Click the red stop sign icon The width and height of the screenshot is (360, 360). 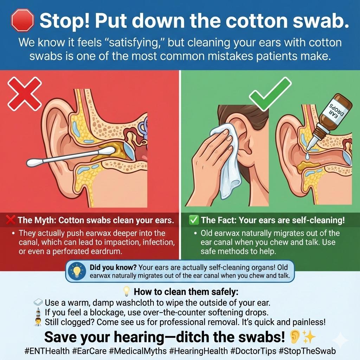tap(22, 20)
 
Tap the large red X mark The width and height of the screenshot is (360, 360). tap(25, 94)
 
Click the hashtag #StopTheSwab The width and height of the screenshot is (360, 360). tap(307, 351)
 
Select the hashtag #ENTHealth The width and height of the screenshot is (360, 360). tap(47, 351)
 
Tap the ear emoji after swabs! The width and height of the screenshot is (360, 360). tap(294, 337)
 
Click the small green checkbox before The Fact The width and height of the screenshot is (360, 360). tap(194, 220)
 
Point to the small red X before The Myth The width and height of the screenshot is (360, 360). tap(11, 220)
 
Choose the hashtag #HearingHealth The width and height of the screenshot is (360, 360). tap(198, 351)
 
